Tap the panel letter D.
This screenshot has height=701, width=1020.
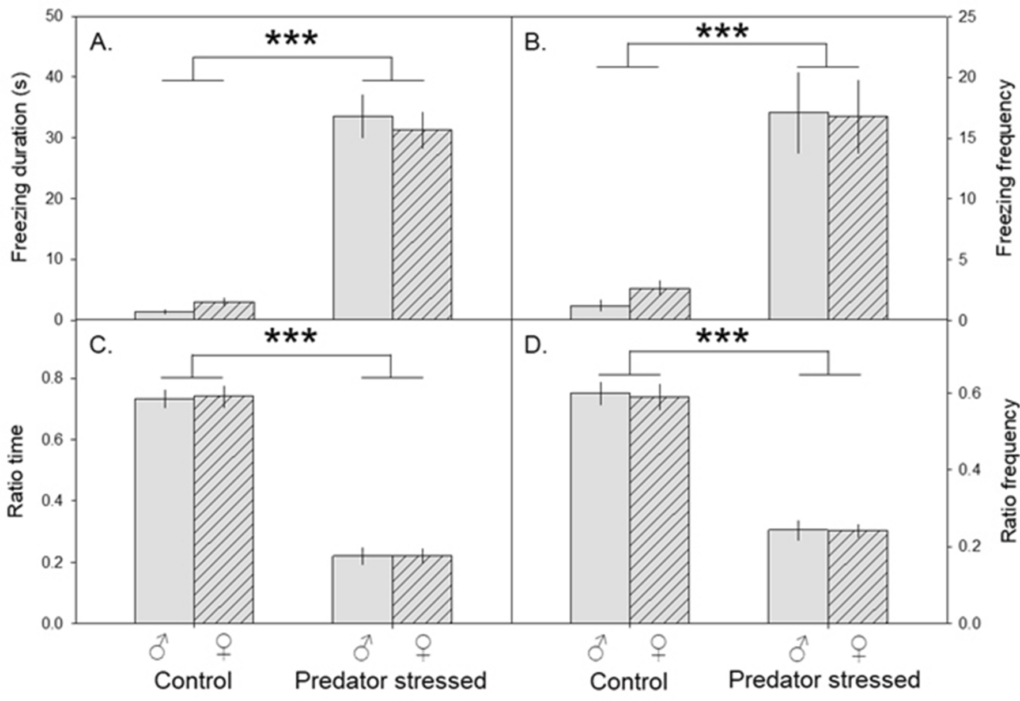click(x=535, y=347)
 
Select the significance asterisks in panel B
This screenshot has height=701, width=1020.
click(x=722, y=32)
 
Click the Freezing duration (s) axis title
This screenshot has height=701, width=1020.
click(x=20, y=167)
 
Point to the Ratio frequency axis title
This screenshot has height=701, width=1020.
click(x=1008, y=471)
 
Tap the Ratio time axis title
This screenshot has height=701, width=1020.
click(x=16, y=471)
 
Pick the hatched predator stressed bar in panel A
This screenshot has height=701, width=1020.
click(x=422, y=225)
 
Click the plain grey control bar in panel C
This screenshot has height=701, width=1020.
click(x=164, y=510)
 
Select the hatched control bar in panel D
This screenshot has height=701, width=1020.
click(x=659, y=510)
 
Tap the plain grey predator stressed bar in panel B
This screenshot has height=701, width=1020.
click(x=798, y=216)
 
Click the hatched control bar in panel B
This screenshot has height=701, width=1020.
click(x=660, y=304)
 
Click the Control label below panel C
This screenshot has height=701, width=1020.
click(x=192, y=681)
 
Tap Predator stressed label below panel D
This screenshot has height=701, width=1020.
click(x=824, y=680)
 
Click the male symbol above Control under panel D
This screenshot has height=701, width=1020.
click(x=597, y=648)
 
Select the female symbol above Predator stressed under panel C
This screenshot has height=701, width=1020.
click(x=423, y=647)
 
